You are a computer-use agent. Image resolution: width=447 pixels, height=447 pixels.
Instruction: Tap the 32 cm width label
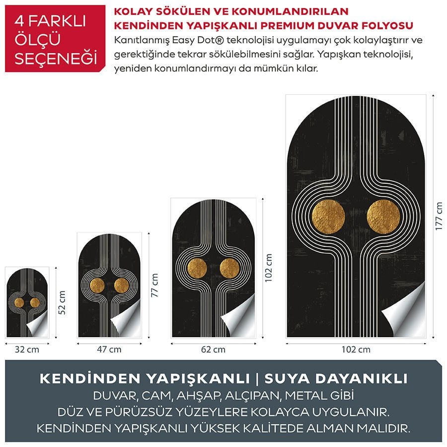tap(27, 349)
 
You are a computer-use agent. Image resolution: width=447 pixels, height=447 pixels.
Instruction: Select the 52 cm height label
tap(63, 303)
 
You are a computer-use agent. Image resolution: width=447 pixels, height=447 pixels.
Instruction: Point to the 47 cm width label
tap(109, 349)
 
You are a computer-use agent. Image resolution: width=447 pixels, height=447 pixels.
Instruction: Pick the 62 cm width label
tap(213, 349)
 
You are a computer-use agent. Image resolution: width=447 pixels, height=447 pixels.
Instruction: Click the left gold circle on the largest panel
tap(328, 218)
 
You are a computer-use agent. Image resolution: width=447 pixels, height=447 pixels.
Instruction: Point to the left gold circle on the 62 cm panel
tap(197, 269)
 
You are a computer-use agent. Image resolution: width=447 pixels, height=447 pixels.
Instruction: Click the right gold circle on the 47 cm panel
tap(121, 285)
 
